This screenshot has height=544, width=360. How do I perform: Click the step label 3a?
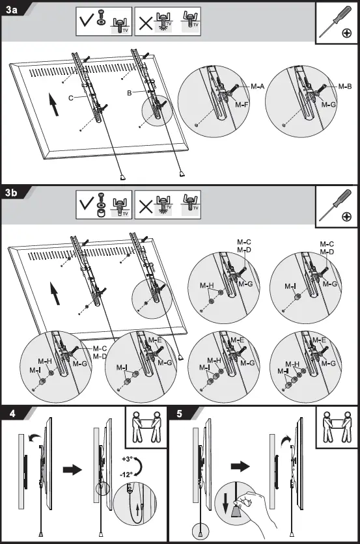pos(11,10)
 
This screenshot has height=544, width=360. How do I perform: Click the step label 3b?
pos(11,193)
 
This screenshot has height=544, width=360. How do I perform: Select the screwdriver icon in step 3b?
pos(337,208)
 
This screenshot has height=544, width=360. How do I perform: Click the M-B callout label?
pos(345,86)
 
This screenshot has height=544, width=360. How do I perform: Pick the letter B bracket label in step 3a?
pos(131,93)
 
